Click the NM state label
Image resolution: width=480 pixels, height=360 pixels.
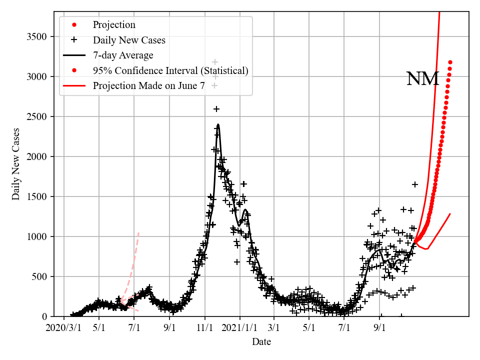click(x=422, y=79)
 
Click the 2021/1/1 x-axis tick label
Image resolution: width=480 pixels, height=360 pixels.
click(x=239, y=328)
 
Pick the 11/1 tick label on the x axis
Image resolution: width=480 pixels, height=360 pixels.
click(x=204, y=328)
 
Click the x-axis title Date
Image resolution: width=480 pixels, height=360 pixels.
click(x=261, y=342)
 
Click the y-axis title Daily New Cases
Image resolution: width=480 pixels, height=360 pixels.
click(x=16, y=164)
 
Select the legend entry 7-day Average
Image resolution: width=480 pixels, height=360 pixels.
click(x=123, y=55)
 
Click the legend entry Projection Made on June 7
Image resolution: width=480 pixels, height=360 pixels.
click(x=148, y=85)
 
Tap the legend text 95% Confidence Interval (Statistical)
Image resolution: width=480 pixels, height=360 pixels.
click(x=170, y=70)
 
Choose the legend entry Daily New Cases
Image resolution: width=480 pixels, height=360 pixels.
click(x=129, y=40)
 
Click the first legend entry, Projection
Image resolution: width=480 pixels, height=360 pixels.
click(x=114, y=25)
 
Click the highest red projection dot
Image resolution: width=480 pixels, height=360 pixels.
click(x=450, y=62)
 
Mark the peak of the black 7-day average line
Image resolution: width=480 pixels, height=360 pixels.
click(x=218, y=124)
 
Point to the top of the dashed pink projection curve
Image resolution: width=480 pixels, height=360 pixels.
click(x=138, y=232)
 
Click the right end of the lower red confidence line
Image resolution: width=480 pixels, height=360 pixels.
click(x=450, y=214)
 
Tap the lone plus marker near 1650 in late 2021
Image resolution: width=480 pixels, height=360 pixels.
click(x=414, y=184)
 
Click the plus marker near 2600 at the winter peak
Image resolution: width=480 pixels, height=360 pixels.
click(x=216, y=108)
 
